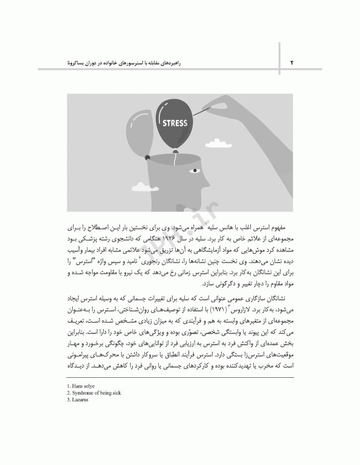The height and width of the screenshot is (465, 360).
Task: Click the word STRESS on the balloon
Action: pyautogui.click(x=176, y=122)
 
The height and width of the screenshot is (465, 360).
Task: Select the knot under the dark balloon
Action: pyautogui.click(x=176, y=151)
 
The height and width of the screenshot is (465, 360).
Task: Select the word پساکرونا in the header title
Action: pyautogui.click(x=81, y=62)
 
